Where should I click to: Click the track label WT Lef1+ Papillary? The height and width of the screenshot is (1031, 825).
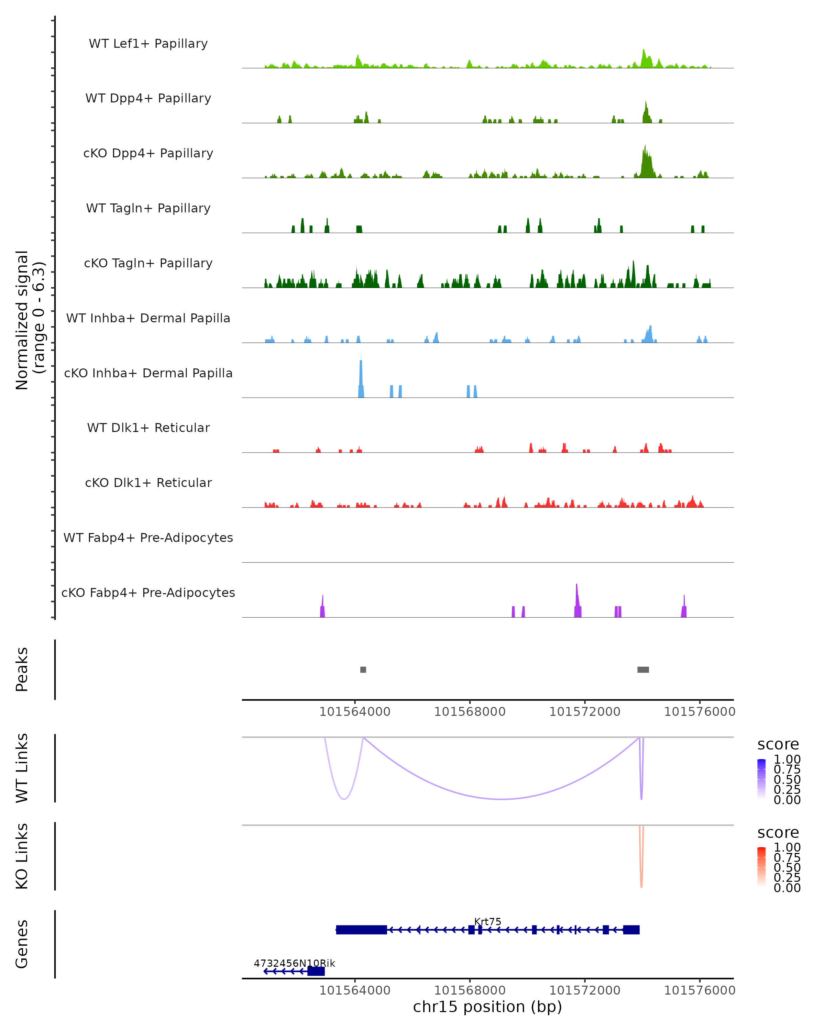148,44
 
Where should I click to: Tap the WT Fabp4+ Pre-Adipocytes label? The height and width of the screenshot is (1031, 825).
148,537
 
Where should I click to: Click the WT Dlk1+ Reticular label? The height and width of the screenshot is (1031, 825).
148,428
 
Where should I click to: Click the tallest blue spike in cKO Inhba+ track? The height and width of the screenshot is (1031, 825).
361,375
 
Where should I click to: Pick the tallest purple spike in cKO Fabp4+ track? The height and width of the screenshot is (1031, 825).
577,598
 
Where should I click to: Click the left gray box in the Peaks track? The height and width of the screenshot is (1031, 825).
363,669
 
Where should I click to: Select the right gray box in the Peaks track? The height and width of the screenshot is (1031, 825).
643,669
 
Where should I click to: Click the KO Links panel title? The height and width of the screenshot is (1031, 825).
22,856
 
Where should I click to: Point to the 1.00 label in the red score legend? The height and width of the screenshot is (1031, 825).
787,847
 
